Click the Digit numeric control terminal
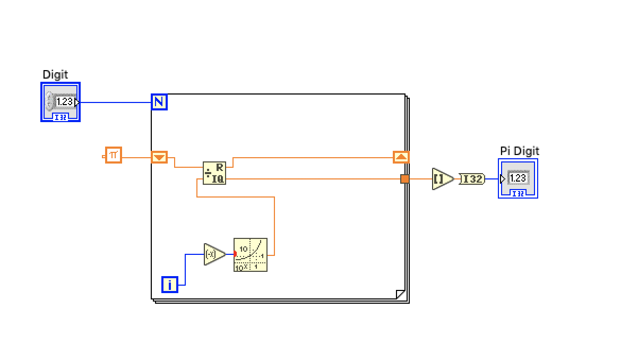(x=61, y=102)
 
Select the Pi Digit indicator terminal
(x=518, y=178)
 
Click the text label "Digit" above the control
(x=55, y=75)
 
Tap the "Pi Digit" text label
(x=519, y=151)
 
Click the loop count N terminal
(x=159, y=102)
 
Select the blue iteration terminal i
(x=170, y=285)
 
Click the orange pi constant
(x=113, y=155)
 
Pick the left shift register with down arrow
(x=159, y=157)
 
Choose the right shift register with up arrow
(x=401, y=157)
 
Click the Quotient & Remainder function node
(x=214, y=173)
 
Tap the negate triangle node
(x=213, y=254)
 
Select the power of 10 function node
(x=251, y=255)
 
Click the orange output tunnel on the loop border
(x=405, y=179)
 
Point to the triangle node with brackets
(x=442, y=179)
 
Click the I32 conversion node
(x=471, y=179)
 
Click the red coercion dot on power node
(x=235, y=254)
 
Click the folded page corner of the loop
(x=400, y=294)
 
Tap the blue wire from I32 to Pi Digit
(x=492, y=179)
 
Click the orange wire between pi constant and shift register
(x=136, y=157)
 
